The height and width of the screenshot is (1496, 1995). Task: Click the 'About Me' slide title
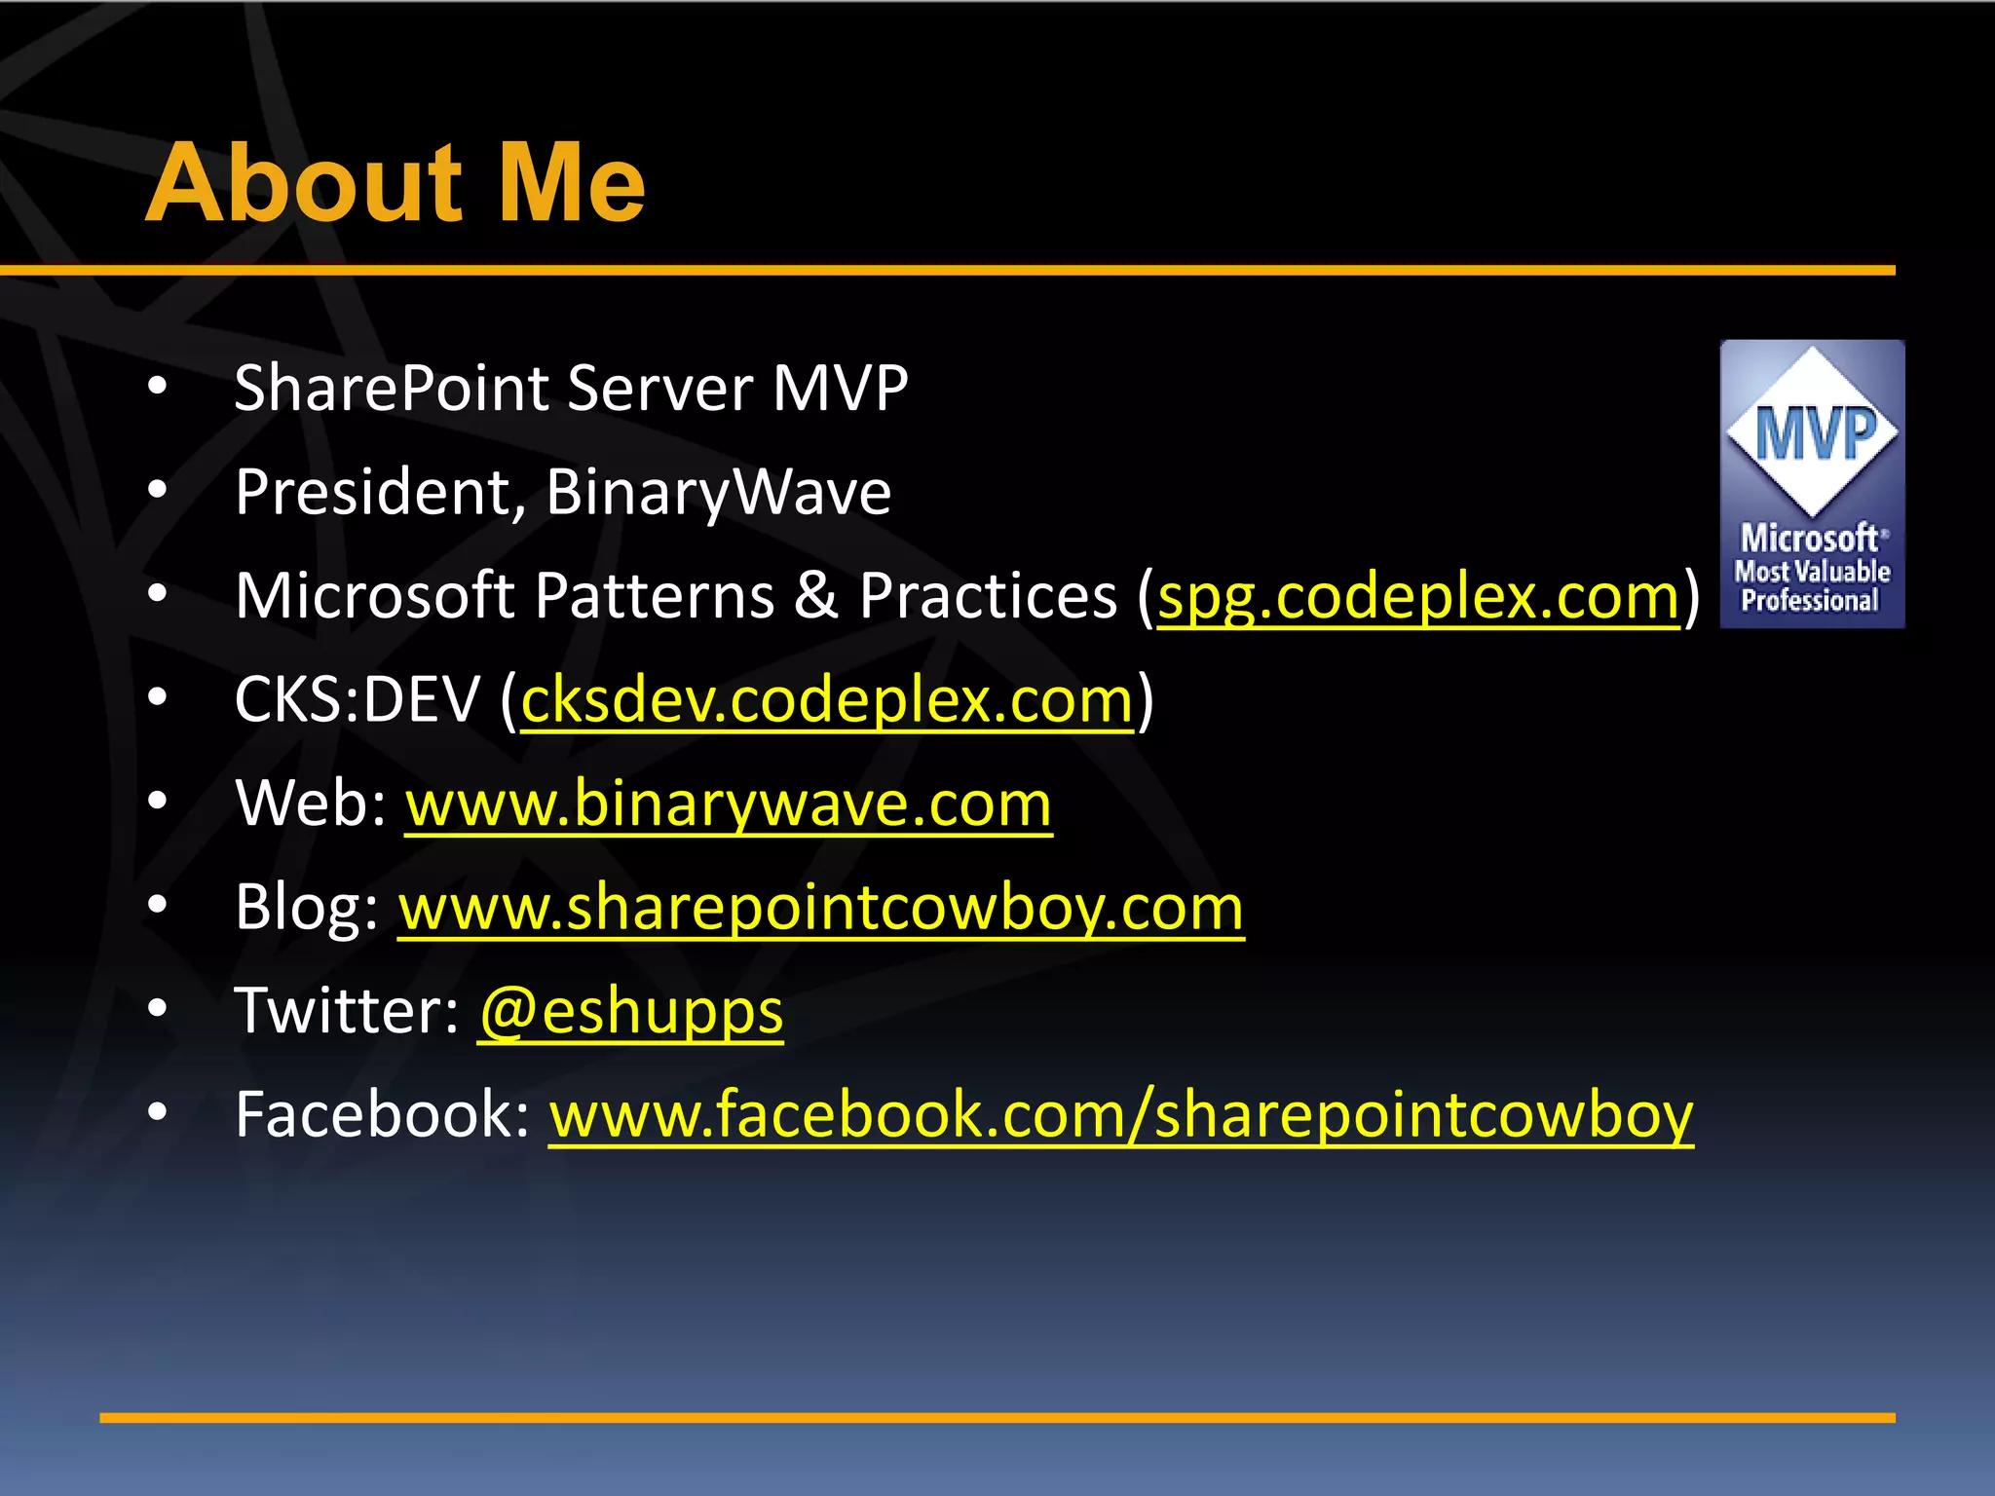tap(395, 183)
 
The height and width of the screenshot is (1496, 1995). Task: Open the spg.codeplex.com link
tap(1418, 596)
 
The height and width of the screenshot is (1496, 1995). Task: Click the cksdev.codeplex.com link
tap(827, 699)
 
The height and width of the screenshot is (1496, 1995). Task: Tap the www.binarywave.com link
tap(728, 804)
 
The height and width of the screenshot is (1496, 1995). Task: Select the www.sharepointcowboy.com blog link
tap(820, 908)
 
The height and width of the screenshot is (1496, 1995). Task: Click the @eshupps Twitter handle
tap(631, 1012)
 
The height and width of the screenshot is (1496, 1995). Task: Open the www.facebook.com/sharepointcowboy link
tap(1120, 1115)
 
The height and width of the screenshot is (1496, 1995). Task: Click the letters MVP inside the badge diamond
tap(1814, 433)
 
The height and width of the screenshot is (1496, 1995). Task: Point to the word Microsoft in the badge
tap(1810, 538)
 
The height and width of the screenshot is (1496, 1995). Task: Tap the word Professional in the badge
tap(1810, 601)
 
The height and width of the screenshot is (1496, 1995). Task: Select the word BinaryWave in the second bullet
tap(718, 493)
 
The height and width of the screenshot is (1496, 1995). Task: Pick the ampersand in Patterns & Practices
tap(816, 596)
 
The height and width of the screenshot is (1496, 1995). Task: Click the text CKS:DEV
tap(358, 699)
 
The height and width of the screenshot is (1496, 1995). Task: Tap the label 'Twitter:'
tap(346, 1011)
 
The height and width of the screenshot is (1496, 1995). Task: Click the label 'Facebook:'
tap(382, 1115)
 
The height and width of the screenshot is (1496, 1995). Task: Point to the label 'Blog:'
tap(306, 908)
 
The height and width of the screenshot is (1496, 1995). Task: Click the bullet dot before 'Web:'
tap(158, 802)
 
